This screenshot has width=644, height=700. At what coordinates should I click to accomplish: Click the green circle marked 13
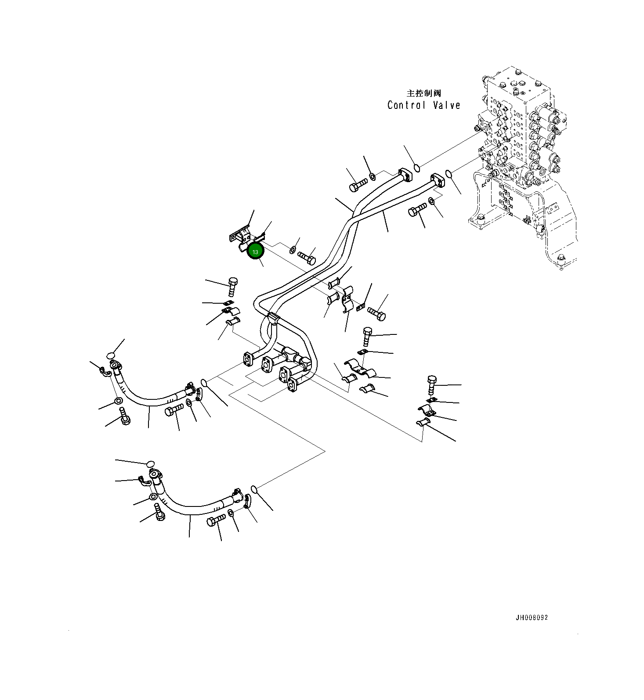point(255,251)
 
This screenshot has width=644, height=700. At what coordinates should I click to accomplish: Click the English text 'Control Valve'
point(424,105)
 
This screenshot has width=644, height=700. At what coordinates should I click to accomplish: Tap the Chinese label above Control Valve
point(423,93)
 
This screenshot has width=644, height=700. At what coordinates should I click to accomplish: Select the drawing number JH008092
point(532,617)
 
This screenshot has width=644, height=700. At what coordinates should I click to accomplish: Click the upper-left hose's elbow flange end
point(116,366)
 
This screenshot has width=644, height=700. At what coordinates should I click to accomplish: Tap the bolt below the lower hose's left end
point(160,513)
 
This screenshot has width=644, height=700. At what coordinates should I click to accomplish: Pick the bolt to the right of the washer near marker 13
point(307,256)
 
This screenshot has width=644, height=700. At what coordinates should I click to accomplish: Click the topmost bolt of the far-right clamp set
point(432,384)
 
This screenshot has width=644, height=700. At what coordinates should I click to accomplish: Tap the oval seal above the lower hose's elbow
point(150,464)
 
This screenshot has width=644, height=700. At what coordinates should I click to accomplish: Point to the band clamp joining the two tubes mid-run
point(272,317)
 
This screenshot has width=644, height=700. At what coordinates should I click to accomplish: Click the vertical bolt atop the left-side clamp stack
point(233,286)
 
